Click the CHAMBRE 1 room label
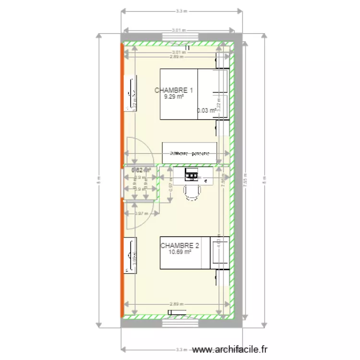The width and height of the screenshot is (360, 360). pyautogui.click(x=174, y=90)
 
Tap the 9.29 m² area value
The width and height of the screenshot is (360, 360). pyautogui.click(x=174, y=96)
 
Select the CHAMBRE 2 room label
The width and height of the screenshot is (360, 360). pyautogui.click(x=180, y=245)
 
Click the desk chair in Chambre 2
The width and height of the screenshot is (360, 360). pyautogui.click(x=192, y=191)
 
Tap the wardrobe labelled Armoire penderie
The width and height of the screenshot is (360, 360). pyautogui.click(x=189, y=154)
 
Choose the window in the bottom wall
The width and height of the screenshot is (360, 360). pyautogui.click(x=180, y=324)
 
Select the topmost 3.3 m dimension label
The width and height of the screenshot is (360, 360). pyautogui.click(x=181, y=10)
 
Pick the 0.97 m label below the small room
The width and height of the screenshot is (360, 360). pyautogui.click(x=140, y=214)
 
